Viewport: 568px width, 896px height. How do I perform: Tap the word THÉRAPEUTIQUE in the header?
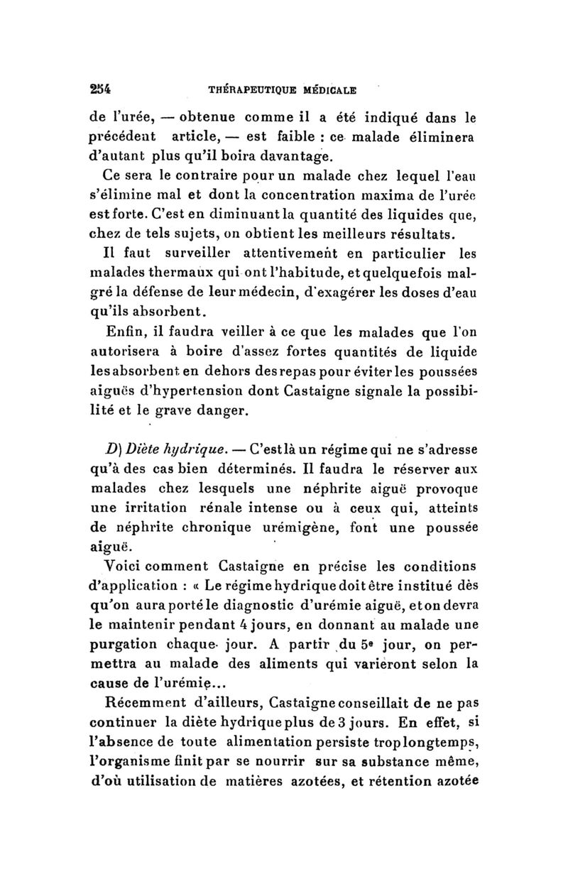pos(249,90)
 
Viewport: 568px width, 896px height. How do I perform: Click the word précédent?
pos(124,136)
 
